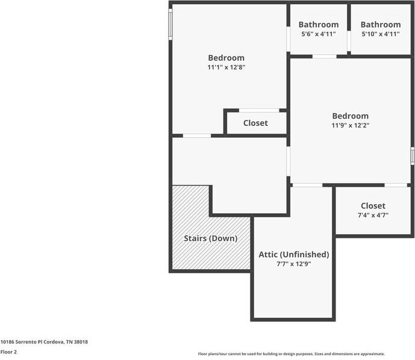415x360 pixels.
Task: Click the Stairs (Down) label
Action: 210,238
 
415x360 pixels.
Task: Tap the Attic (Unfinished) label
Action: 294,254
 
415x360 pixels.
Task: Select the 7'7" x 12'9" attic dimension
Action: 294,264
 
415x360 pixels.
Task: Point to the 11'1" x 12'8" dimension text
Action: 226,67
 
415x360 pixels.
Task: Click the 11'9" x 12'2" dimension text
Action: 350,126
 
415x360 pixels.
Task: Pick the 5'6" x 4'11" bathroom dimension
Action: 318,34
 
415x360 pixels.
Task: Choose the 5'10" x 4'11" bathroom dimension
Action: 380,34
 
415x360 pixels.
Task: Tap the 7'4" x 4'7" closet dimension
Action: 373,215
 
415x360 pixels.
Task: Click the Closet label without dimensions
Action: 255,123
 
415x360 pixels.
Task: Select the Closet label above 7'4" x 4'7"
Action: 373,206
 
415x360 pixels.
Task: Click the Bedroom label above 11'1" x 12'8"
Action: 226,58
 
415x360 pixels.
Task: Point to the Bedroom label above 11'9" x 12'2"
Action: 350,116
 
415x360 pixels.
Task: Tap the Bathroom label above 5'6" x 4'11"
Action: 319,25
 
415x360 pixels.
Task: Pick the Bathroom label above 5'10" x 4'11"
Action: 381,25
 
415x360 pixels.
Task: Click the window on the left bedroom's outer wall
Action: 170,23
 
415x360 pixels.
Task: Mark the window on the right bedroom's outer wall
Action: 413,155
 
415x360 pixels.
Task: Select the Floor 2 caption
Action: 8,352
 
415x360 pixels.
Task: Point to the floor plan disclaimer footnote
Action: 291,354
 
